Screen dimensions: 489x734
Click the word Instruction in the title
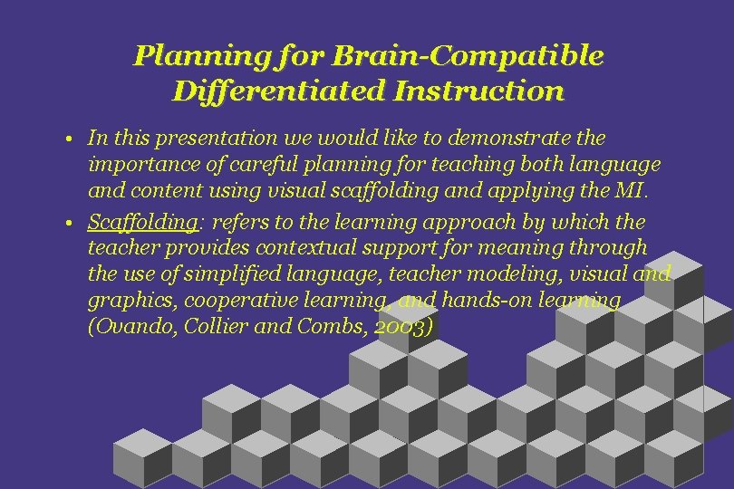[x=478, y=91]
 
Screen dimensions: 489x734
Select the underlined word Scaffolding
[x=142, y=223]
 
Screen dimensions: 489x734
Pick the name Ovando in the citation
[x=127, y=328]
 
